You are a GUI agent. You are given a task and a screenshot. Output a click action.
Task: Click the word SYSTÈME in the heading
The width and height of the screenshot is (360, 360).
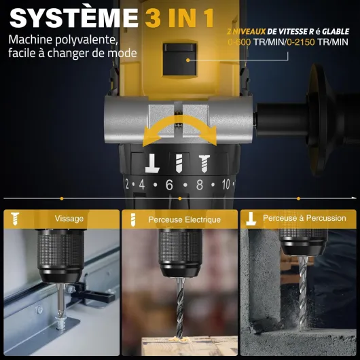(x=74, y=18)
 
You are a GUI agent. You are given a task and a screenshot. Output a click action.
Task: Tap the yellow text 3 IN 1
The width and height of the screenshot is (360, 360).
(x=180, y=18)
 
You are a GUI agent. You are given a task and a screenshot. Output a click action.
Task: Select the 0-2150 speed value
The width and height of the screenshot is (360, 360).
(x=300, y=42)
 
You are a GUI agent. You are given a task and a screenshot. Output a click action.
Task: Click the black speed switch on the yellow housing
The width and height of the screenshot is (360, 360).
(x=180, y=60)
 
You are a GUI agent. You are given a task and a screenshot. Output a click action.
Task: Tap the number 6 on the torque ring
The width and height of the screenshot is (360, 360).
(x=169, y=185)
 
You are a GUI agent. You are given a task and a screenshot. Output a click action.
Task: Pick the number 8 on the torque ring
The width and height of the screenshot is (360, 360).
(x=200, y=185)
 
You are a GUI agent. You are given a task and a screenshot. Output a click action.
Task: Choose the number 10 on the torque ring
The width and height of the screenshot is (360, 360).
(x=226, y=184)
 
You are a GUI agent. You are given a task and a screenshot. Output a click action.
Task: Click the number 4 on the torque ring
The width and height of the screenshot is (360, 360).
(x=142, y=185)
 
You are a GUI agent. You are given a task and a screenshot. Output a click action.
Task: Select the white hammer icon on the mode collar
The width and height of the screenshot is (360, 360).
(x=152, y=163)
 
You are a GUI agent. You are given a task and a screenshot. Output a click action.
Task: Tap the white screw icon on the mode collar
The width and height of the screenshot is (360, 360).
(x=204, y=164)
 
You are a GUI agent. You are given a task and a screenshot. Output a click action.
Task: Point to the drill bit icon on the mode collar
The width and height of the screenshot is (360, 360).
(x=179, y=164)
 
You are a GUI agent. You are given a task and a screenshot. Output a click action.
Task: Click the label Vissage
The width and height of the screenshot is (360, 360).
(x=69, y=219)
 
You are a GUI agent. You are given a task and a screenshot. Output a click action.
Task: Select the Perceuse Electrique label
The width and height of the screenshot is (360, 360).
(x=184, y=219)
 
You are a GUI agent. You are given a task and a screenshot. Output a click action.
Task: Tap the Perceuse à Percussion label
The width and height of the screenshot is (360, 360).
(x=304, y=218)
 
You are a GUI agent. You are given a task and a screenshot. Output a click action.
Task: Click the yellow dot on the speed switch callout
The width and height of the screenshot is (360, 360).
(x=187, y=60)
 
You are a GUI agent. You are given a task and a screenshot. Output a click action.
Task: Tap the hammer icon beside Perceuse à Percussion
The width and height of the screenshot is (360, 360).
(x=251, y=218)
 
